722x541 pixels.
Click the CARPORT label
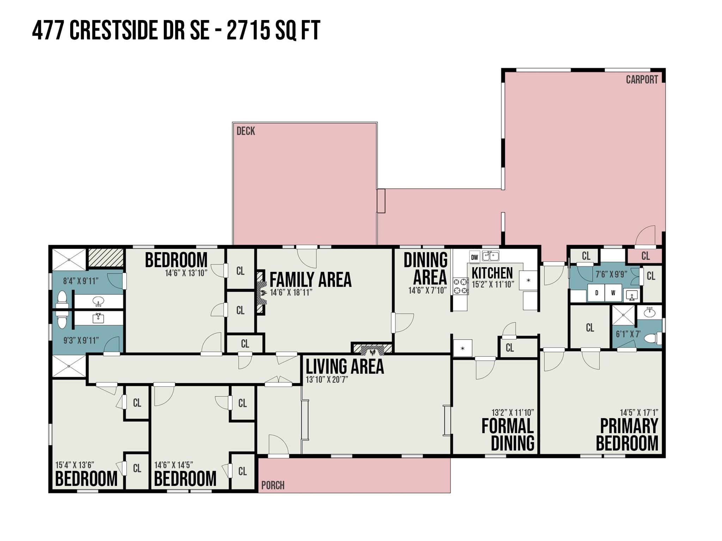642,80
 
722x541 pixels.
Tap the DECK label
246,131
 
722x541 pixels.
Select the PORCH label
273,485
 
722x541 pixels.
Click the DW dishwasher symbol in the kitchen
475,257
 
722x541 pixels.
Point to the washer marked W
613,293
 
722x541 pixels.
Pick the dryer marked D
596,293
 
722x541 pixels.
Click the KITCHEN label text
492,273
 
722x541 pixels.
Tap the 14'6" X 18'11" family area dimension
291,292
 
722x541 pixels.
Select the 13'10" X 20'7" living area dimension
327,379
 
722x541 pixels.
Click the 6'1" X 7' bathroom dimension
628,334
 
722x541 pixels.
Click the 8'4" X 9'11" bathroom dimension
81,281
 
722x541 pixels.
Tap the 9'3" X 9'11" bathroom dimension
81,341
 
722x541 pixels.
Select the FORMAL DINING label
508,435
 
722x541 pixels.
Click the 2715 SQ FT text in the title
273,31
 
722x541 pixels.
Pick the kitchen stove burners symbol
460,286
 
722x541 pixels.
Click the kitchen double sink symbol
490,256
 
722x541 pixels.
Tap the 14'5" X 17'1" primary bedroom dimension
639,412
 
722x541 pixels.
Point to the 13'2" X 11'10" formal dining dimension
513,412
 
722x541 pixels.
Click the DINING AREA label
426,269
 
